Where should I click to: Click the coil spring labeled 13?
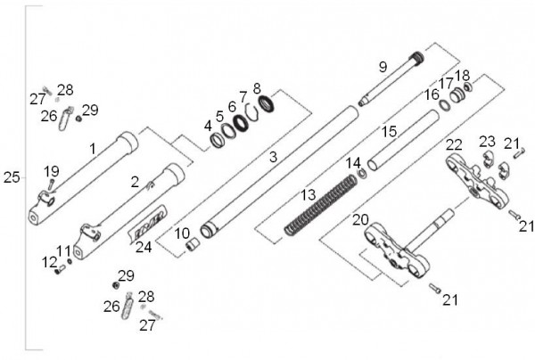click(321, 205)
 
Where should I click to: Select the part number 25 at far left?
click(12, 177)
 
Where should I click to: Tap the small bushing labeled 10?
click(193, 244)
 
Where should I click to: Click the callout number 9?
click(383, 67)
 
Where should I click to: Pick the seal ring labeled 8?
click(266, 103)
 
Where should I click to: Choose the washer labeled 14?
click(362, 174)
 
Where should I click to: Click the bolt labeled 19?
click(51, 184)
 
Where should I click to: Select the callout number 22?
click(454, 145)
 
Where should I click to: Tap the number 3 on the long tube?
click(273, 157)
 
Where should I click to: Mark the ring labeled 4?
click(217, 140)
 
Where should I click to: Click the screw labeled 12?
click(60, 270)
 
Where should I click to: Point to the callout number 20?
click(360, 220)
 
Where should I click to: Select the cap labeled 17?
click(457, 95)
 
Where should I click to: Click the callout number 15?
click(389, 132)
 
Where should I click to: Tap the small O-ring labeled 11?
click(70, 261)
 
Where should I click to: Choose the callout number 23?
click(487, 142)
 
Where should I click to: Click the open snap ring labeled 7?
click(251, 111)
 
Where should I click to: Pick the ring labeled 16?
click(445, 105)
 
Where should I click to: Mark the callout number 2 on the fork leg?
click(136, 182)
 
